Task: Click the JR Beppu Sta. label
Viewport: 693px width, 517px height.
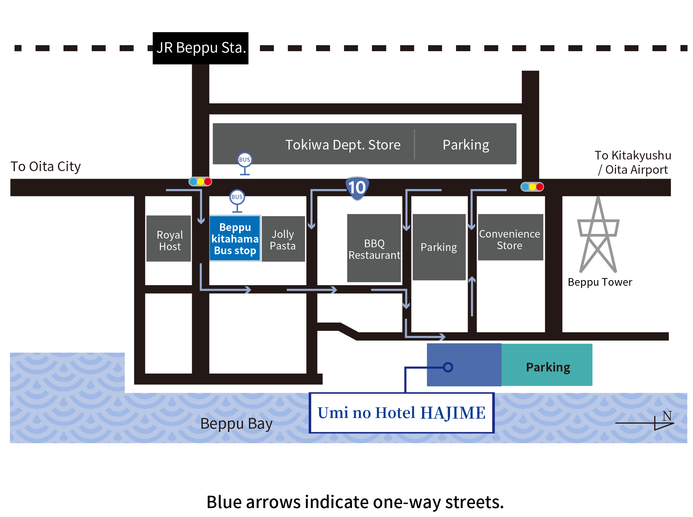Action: click(200, 48)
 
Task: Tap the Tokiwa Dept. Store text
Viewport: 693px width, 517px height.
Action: click(343, 145)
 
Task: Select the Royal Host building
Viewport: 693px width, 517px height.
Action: click(169, 239)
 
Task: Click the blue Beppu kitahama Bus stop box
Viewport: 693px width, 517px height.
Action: click(235, 239)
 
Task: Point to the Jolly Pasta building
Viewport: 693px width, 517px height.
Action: click(283, 239)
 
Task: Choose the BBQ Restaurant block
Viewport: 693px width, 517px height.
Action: click(374, 249)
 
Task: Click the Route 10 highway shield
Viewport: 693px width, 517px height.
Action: click(357, 188)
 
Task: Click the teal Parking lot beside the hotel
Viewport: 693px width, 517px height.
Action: click(547, 365)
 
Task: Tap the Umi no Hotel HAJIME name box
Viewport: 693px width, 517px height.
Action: click(401, 413)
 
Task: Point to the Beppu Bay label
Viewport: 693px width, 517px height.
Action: click(236, 424)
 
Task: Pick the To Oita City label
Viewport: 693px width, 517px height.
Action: click(46, 166)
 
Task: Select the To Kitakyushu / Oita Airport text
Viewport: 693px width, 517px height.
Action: click(633, 162)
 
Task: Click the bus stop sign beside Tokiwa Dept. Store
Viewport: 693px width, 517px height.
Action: click(245, 163)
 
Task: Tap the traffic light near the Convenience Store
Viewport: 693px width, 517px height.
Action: click(532, 187)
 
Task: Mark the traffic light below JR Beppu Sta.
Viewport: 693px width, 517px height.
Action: click(200, 182)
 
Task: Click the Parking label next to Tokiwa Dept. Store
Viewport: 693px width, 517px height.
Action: click(466, 145)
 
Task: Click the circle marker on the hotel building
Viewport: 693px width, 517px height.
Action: click(448, 367)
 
